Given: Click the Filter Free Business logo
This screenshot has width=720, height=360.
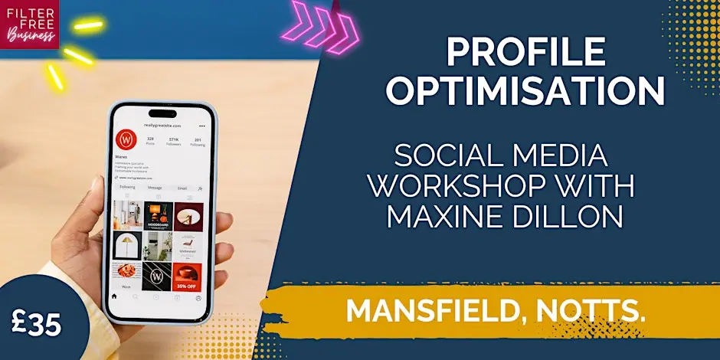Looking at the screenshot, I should tap(30, 24).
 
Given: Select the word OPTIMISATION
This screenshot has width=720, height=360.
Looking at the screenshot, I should tap(525, 91).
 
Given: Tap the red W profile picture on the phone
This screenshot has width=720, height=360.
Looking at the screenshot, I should tap(126, 141).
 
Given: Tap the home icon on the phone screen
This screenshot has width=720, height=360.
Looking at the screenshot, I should tap(115, 297).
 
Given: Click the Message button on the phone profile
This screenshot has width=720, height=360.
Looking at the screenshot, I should tap(154, 188).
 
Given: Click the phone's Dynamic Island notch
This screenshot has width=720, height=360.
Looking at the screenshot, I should tap(160, 113).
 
